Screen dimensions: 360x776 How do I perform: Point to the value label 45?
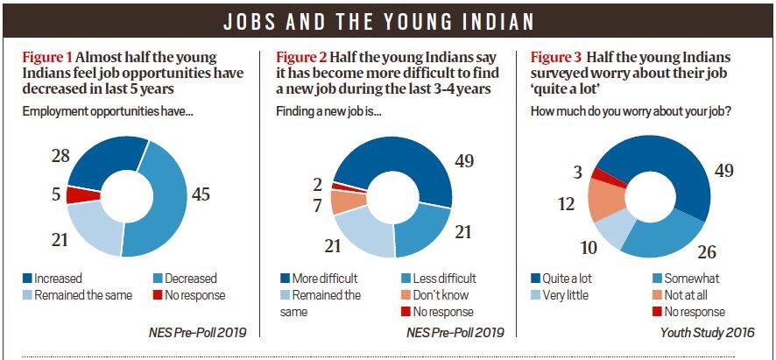click(201, 194)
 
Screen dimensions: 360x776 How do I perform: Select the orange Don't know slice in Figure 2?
click(341, 201)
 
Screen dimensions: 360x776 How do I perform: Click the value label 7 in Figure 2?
click(316, 206)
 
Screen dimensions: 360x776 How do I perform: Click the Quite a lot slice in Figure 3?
click(674, 166)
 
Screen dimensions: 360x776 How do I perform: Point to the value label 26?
click(707, 252)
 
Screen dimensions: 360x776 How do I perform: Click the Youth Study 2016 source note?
click(707, 332)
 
